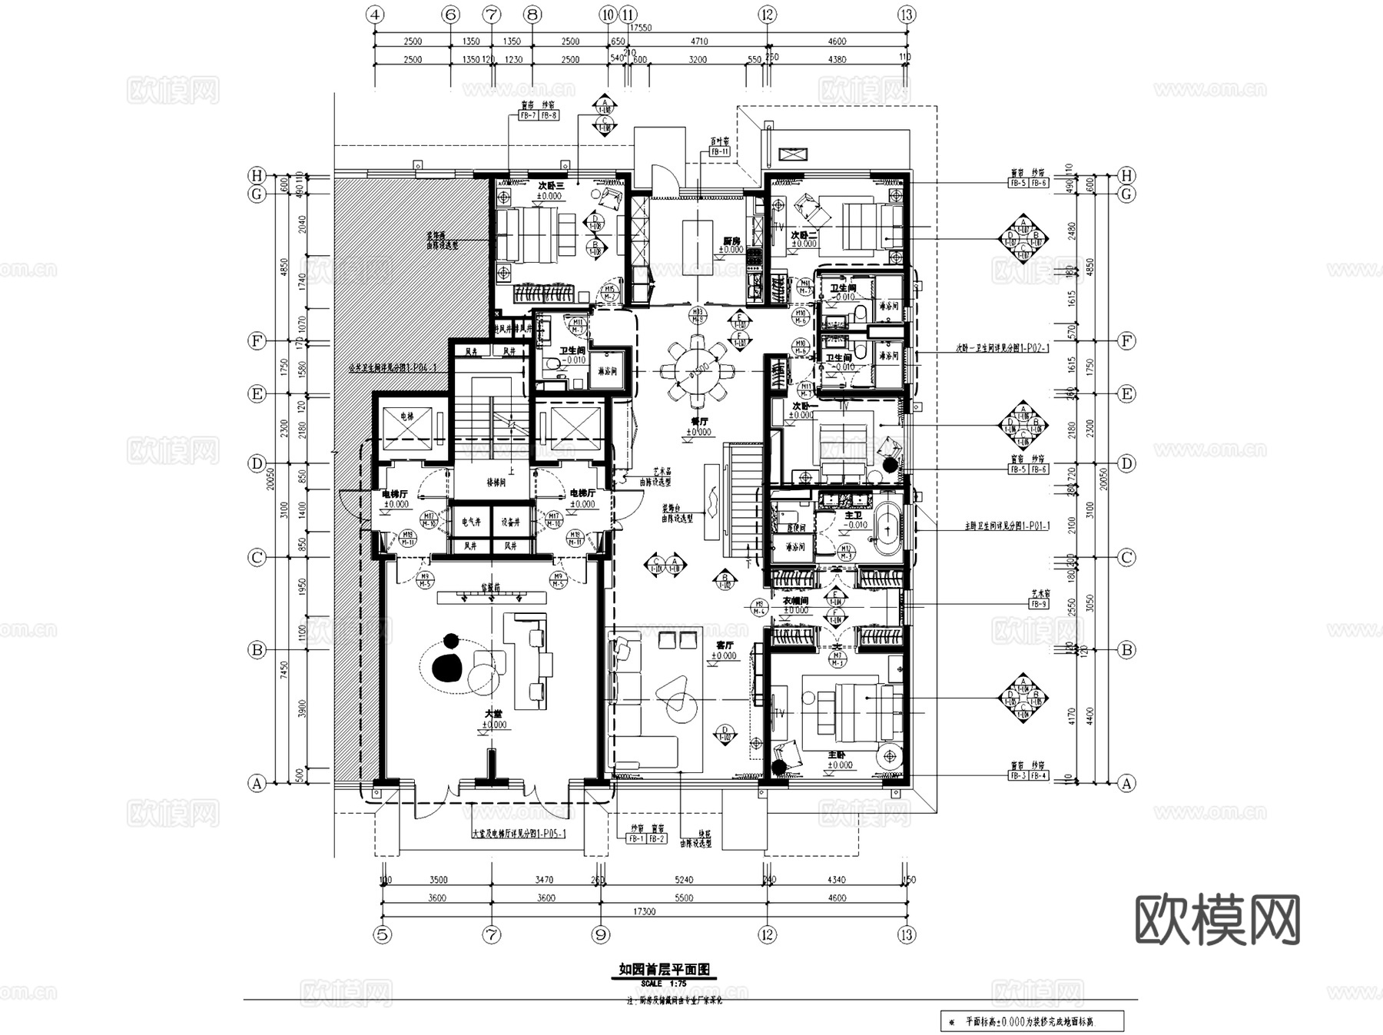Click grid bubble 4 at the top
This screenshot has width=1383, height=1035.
pos(375,15)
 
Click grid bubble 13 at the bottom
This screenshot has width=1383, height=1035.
pos(907,935)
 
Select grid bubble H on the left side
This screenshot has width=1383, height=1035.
pos(257,175)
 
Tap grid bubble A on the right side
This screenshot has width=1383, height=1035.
pos(1126,784)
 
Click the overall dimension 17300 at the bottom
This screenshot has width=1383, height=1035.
pos(644,912)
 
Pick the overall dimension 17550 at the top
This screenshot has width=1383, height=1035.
pos(639,28)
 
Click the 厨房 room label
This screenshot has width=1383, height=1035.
pos(731,241)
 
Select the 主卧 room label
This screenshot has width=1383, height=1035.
pos(837,755)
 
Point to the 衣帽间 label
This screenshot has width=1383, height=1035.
pos(795,601)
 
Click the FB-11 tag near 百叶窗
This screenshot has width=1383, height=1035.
pos(719,152)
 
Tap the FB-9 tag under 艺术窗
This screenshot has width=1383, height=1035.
pos(1039,605)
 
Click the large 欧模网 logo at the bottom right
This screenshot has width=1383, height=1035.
pos(1217,920)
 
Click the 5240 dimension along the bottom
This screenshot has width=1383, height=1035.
pos(683,880)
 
